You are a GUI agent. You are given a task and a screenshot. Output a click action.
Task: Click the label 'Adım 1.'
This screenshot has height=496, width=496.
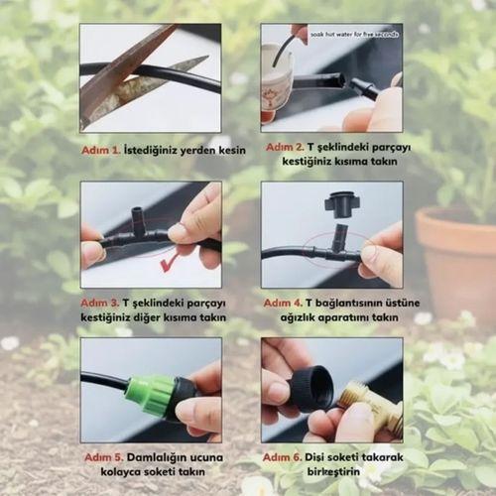tap(101, 150)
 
